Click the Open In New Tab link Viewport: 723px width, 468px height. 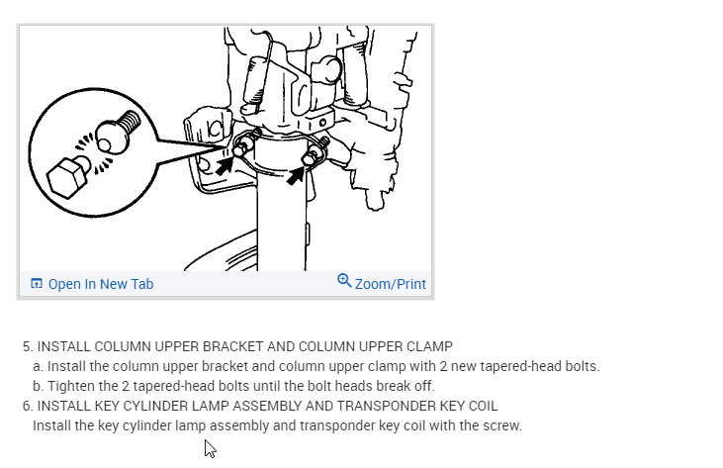[101, 284]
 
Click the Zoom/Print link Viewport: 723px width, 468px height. [390, 284]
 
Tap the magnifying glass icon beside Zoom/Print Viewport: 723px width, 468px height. [344, 280]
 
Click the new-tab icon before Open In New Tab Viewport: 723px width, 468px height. [37, 283]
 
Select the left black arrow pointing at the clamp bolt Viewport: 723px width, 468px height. [225, 165]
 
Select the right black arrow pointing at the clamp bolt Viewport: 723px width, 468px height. [296, 176]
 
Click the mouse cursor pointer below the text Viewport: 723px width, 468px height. [210, 448]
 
